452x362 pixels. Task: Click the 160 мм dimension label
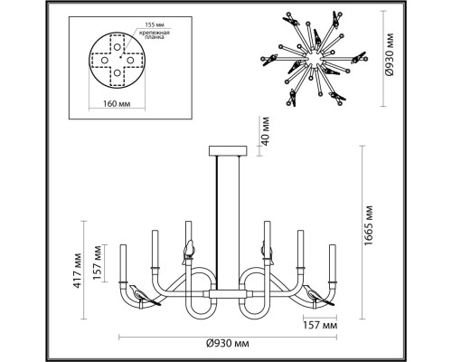click(x=117, y=104)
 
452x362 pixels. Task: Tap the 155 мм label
click(x=155, y=24)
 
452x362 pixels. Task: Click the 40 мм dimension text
click(x=265, y=131)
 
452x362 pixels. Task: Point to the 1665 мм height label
click(x=368, y=225)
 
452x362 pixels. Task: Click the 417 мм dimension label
click(x=77, y=271)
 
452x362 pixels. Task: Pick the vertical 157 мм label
click(x=98, y=262)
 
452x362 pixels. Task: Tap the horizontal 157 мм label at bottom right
click(x=320, y=326)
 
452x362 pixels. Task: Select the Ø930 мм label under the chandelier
click(x=228, y=344)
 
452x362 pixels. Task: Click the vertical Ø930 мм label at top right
click(x=390, y=54)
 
